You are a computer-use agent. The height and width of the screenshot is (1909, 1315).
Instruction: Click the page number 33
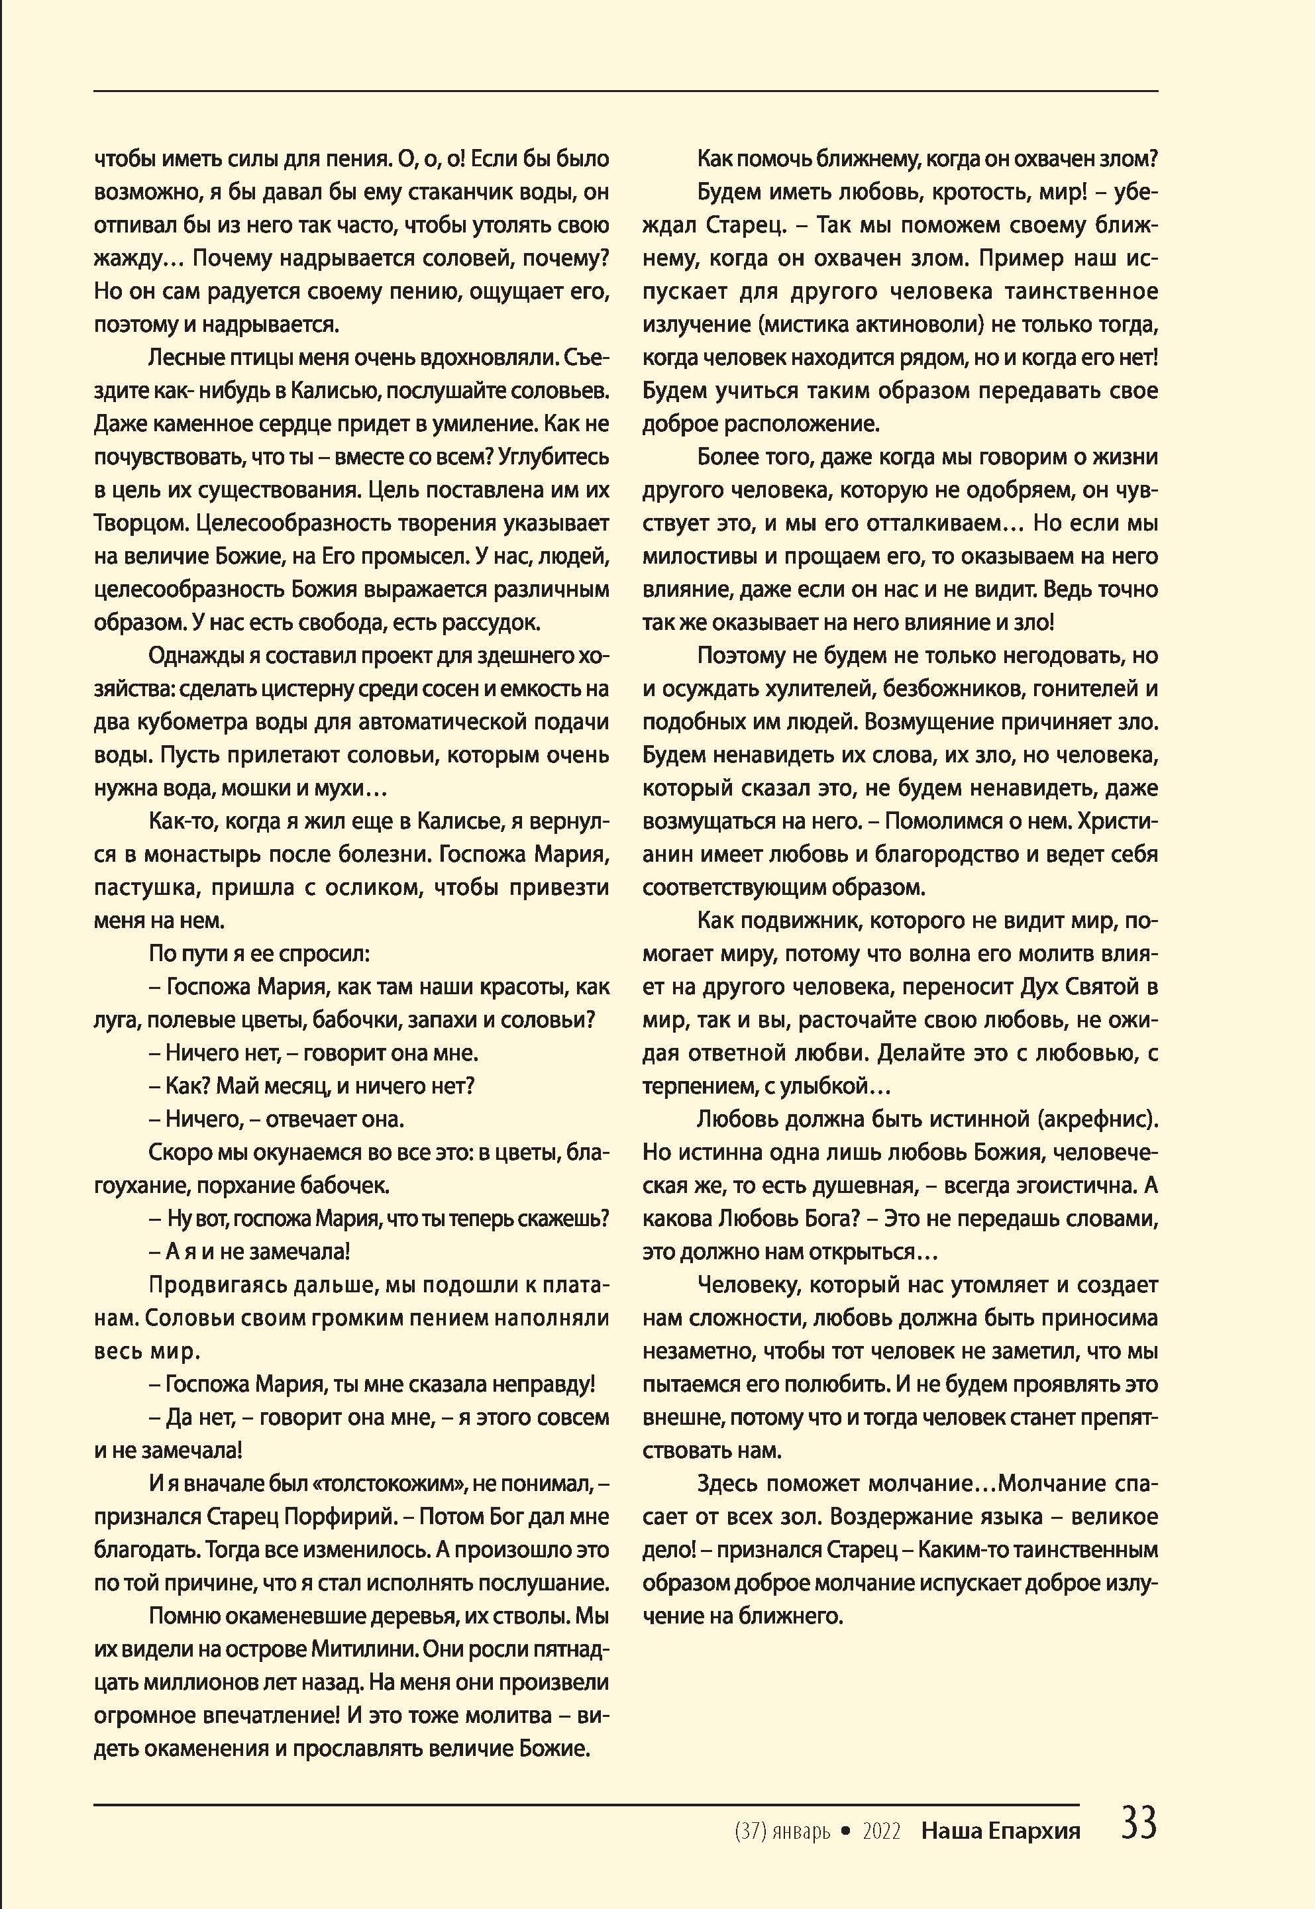[1139, 1824]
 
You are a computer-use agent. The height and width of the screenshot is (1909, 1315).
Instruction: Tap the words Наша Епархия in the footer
[1000, 1832]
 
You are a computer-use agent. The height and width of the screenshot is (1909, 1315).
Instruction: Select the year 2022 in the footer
[881, 1832]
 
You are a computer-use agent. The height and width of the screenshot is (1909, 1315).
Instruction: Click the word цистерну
[301, 689]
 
